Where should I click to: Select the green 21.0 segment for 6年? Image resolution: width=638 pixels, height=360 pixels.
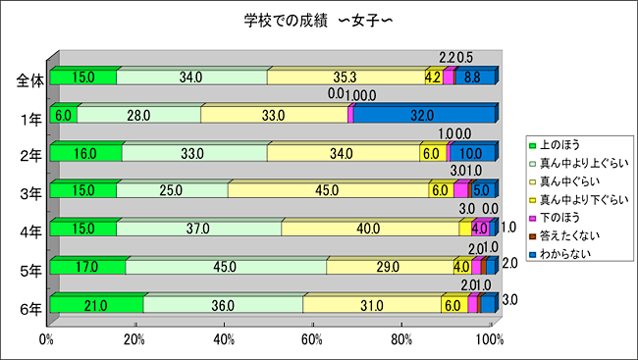(95, 305)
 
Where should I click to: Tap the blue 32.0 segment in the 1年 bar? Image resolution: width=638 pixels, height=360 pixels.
(424, 115)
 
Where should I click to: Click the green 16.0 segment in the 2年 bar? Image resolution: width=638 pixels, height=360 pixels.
(85, 153)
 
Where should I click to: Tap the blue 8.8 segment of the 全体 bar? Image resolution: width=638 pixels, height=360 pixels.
(473, 77)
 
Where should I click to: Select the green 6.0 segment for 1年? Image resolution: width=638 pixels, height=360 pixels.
(63, 115)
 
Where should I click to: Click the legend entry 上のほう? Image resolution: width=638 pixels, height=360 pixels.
(559, 145)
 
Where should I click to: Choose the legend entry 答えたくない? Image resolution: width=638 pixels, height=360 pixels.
(566, 234)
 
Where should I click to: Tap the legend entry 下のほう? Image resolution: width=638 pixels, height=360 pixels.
(559, 217)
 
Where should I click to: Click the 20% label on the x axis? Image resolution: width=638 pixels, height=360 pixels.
(135, 339)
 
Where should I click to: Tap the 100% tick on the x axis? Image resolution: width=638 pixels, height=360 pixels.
(489, 339)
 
